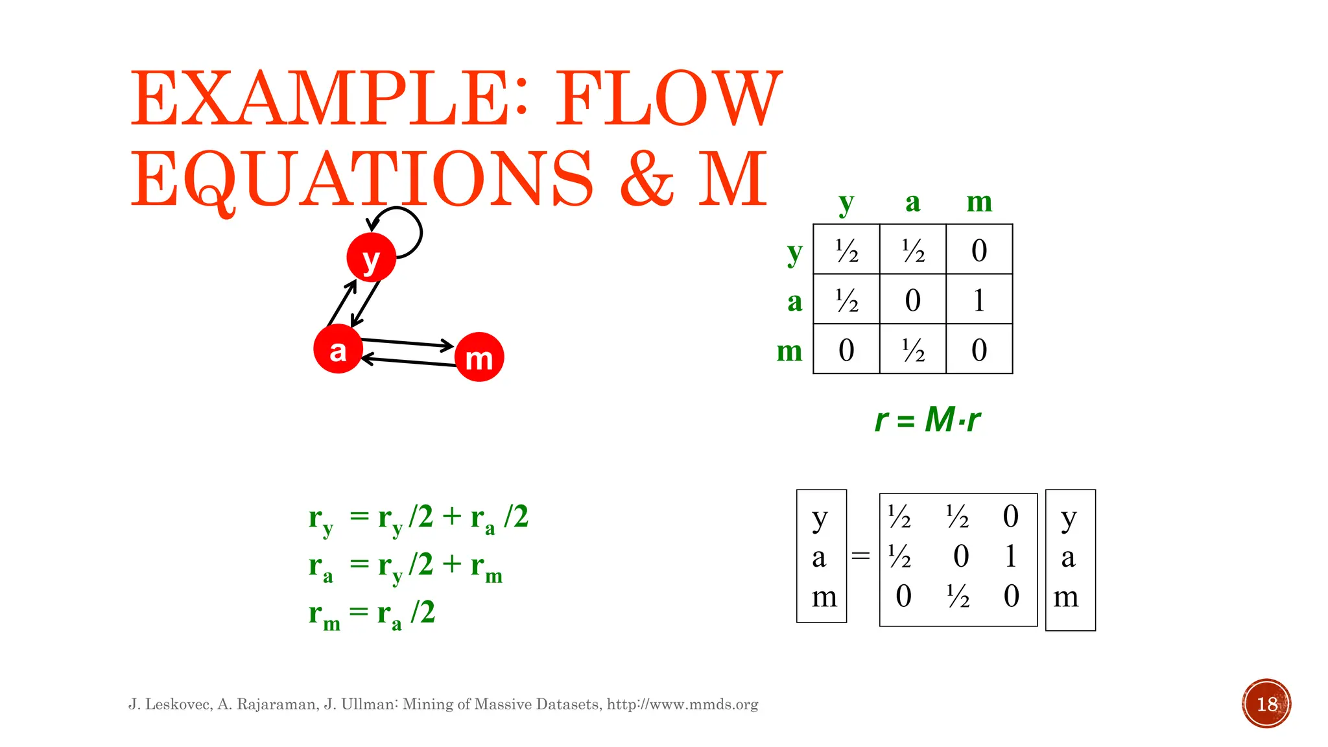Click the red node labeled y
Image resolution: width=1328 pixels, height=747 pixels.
(x=371, y=258)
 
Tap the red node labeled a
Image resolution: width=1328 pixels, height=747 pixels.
(x=338, y=349)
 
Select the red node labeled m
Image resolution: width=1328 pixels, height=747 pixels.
(x=479, y=357)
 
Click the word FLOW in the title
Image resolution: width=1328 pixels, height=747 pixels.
(x=668, y=99)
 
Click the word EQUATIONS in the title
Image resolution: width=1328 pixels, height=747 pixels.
(x=362, y=178)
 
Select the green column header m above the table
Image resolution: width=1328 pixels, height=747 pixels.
(x=979, y=202)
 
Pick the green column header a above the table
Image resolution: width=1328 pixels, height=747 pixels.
(x=912, y=202)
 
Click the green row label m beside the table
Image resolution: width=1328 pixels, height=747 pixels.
(x=789, y=351)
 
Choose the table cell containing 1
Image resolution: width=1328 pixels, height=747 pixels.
(x=979, y=300)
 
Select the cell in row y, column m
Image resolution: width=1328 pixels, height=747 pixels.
(x=979, y=250)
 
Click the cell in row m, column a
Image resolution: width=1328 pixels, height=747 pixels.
(x=912, y=350)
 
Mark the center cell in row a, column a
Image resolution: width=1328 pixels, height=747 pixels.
(x=912, y=300)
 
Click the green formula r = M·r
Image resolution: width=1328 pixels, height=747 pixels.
(x=927, y=420)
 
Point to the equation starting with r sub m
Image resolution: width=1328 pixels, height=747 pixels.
(x=372, y=613)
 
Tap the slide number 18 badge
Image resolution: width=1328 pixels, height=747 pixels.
(x=1266, y=704)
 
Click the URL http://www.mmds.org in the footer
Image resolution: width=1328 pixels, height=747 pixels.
(x=682, y=704)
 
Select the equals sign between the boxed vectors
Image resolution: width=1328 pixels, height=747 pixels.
(x=860, y=556)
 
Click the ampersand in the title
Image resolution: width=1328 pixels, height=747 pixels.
(x=646, y=178)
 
